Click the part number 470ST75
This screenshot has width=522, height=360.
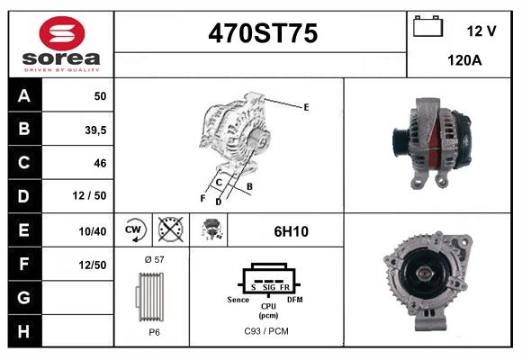(262, 33)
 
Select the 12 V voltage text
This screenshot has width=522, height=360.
(481, 31)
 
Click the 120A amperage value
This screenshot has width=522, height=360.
(464, 62)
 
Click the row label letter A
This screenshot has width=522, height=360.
(23, 96)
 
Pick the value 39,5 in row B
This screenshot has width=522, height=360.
(94, 130)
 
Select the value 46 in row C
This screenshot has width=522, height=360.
(100, 163)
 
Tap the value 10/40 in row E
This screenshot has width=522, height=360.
(93, 231)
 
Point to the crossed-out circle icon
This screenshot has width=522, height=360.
(168, 230)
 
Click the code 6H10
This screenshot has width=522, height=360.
(291, 231)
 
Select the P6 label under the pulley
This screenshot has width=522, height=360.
(153, 332)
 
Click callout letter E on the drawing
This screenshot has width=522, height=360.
(306, 107)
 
